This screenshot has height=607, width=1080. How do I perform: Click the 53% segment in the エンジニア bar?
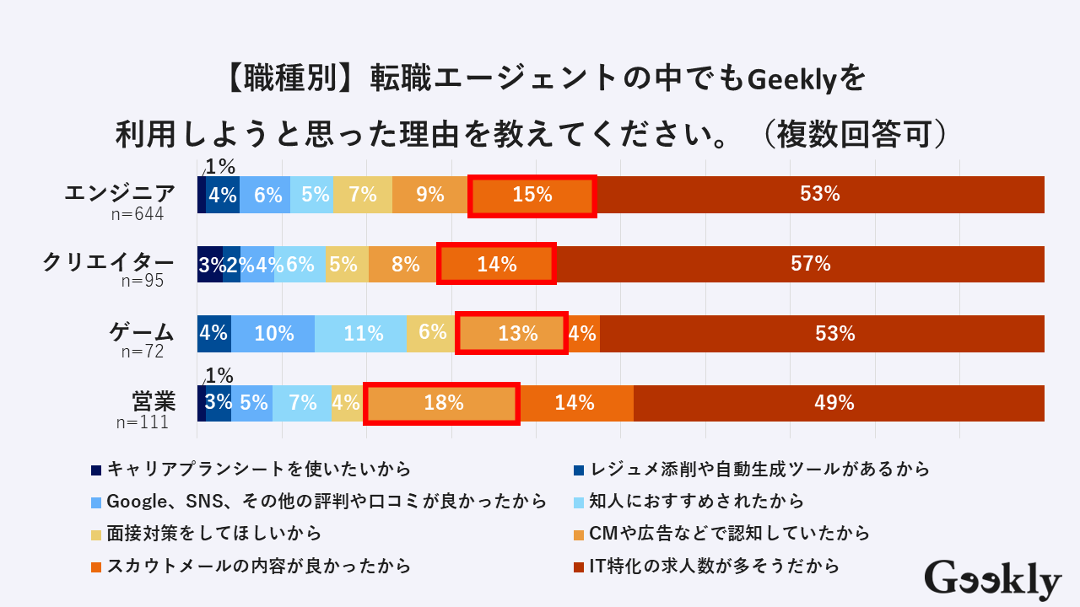(x=820, y=195)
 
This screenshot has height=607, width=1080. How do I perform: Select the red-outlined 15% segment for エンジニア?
(x=532, y=196)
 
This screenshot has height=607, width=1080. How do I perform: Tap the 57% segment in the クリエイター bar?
(x=810, y=264)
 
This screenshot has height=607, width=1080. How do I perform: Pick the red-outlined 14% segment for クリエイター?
(x=496, y=264)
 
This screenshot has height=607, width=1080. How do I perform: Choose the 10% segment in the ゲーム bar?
(x=273, y=333)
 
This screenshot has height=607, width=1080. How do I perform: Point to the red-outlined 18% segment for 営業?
(x=442, y=403)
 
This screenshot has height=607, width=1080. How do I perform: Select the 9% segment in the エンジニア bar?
(x=429, y=195)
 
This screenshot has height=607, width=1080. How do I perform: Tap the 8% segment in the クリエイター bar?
(x=405, y=264)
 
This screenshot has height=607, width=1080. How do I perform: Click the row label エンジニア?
(x=121, y=193)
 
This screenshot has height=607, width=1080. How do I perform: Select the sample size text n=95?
(x=142, y=282)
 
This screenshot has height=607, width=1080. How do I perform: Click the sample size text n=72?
(x=142, y=352)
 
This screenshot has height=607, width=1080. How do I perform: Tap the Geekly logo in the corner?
(x=992, y=580)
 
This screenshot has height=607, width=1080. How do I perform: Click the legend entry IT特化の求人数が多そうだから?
(x=714, y=566)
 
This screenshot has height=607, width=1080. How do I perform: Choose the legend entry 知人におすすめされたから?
(x=696, y=502)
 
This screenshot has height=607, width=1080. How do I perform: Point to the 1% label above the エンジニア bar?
(x=219, y=166)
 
